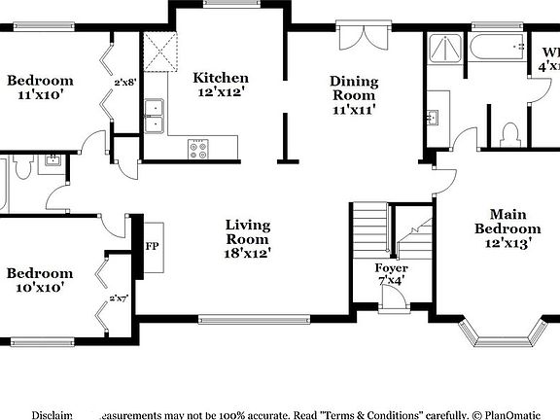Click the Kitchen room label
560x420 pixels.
(x=221, y=86)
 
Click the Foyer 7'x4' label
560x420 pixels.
(x=392, y=274)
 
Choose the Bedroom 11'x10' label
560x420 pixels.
(x=40, y=88)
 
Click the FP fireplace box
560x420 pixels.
(x=153, y=246)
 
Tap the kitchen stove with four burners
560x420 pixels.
(x=198, y=149)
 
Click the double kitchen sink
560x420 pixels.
(x=153, y=115)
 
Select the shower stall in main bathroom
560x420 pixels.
(x=445, y=51)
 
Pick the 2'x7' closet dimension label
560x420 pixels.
(x=120, y=298)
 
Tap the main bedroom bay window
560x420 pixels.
(x=505, y=335)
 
